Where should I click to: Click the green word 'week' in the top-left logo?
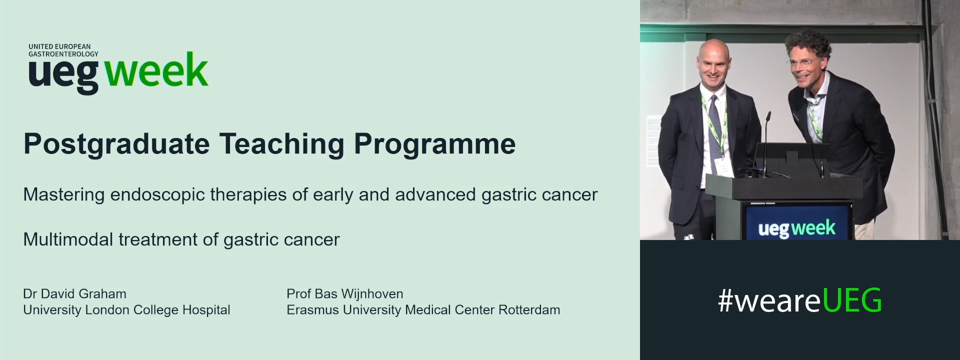tap(156, 71)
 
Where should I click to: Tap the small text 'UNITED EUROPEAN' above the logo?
tap(59, 46)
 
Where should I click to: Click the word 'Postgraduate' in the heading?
tap(116, 144)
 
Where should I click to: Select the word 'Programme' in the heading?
tap(434, 144)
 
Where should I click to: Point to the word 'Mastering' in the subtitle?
tap(63, 195)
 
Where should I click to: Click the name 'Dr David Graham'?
tap(74, 293)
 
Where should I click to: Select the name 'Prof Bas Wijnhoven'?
tap(344, 293)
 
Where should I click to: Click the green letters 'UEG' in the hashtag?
tap(851, 301)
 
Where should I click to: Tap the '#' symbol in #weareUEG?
tap(725, 301)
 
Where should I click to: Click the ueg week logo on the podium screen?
tap(796, 228)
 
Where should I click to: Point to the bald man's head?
tap(714, 62)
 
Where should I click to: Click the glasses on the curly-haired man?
tap(801, 63)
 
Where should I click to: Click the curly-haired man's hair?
tap(807, 42)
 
